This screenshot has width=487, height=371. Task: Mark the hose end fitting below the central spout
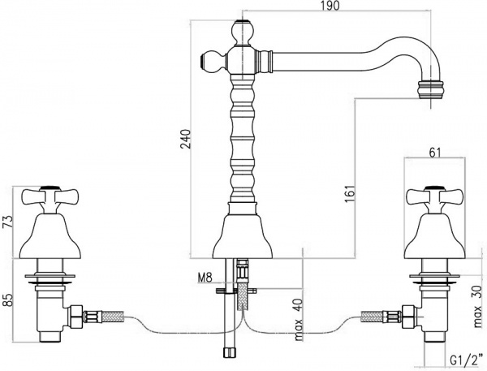click(229, 352)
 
